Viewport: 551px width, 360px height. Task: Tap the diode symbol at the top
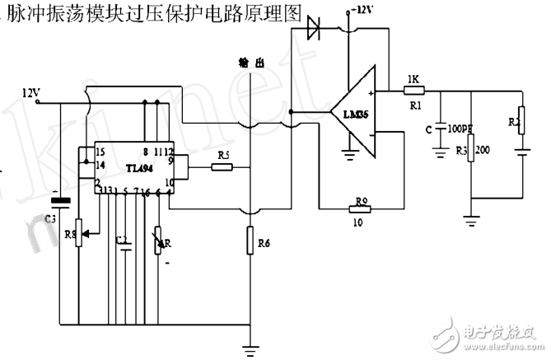coord(313,30)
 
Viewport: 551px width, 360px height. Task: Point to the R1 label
coord(414,105)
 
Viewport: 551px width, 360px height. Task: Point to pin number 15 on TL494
coord(100,152)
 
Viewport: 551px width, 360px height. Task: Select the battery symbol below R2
coord(521,152)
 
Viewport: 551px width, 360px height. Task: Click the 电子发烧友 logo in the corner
coord(495,334)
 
